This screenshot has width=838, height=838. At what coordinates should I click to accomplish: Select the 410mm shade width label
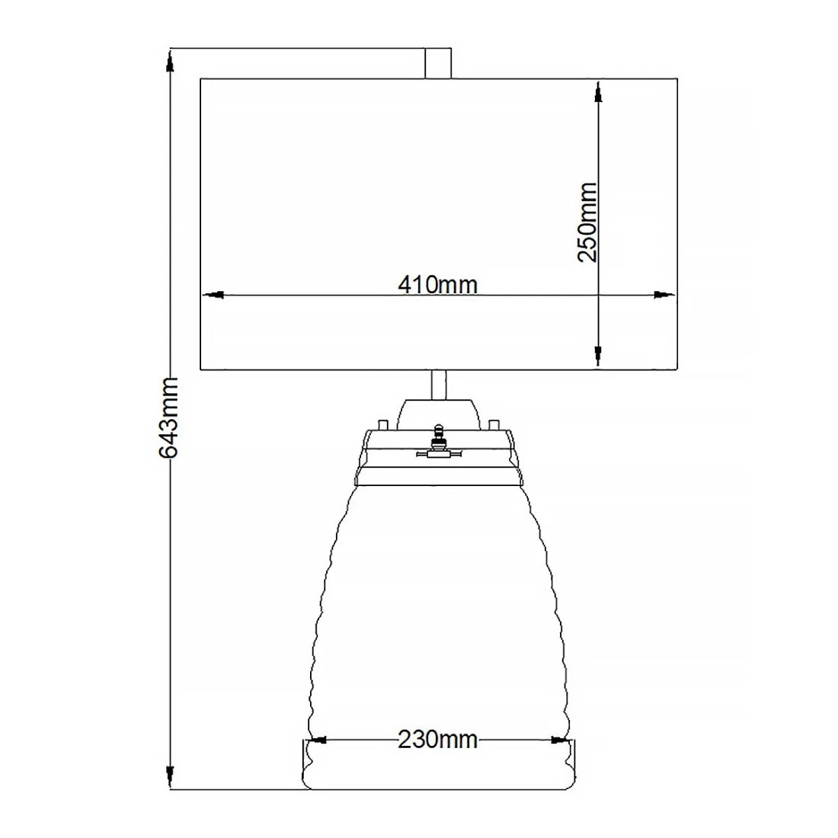pos(437,284)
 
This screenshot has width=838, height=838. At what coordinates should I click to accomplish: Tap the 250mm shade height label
pos(587,222)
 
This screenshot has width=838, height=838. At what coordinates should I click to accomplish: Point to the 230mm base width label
pos(437,739)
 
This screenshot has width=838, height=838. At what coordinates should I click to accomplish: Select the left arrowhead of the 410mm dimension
pos(213,294)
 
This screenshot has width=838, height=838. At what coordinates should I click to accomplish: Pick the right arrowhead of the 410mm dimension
pos(664,294)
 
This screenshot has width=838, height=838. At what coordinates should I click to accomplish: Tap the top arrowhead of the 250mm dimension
pos(598,93)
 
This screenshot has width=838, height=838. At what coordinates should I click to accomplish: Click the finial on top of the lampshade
pos(438,62)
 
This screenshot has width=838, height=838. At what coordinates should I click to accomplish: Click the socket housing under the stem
pos(439,413)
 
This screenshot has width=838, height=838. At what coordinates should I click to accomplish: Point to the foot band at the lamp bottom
pos(438,764)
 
